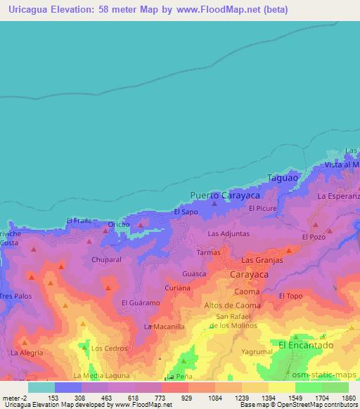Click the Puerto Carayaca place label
click(219, 195)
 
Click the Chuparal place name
click(107, 259)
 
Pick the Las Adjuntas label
click(229, 233)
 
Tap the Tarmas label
click(209, 252)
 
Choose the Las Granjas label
click(262, 260)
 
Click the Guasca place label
click(194, 273)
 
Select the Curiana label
click(177, 288)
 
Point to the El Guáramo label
click(141, 303)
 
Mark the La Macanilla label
click(165, 327)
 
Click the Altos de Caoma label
click(232, 306)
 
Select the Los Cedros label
click(108, 349)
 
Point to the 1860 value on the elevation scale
click(348, 398)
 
